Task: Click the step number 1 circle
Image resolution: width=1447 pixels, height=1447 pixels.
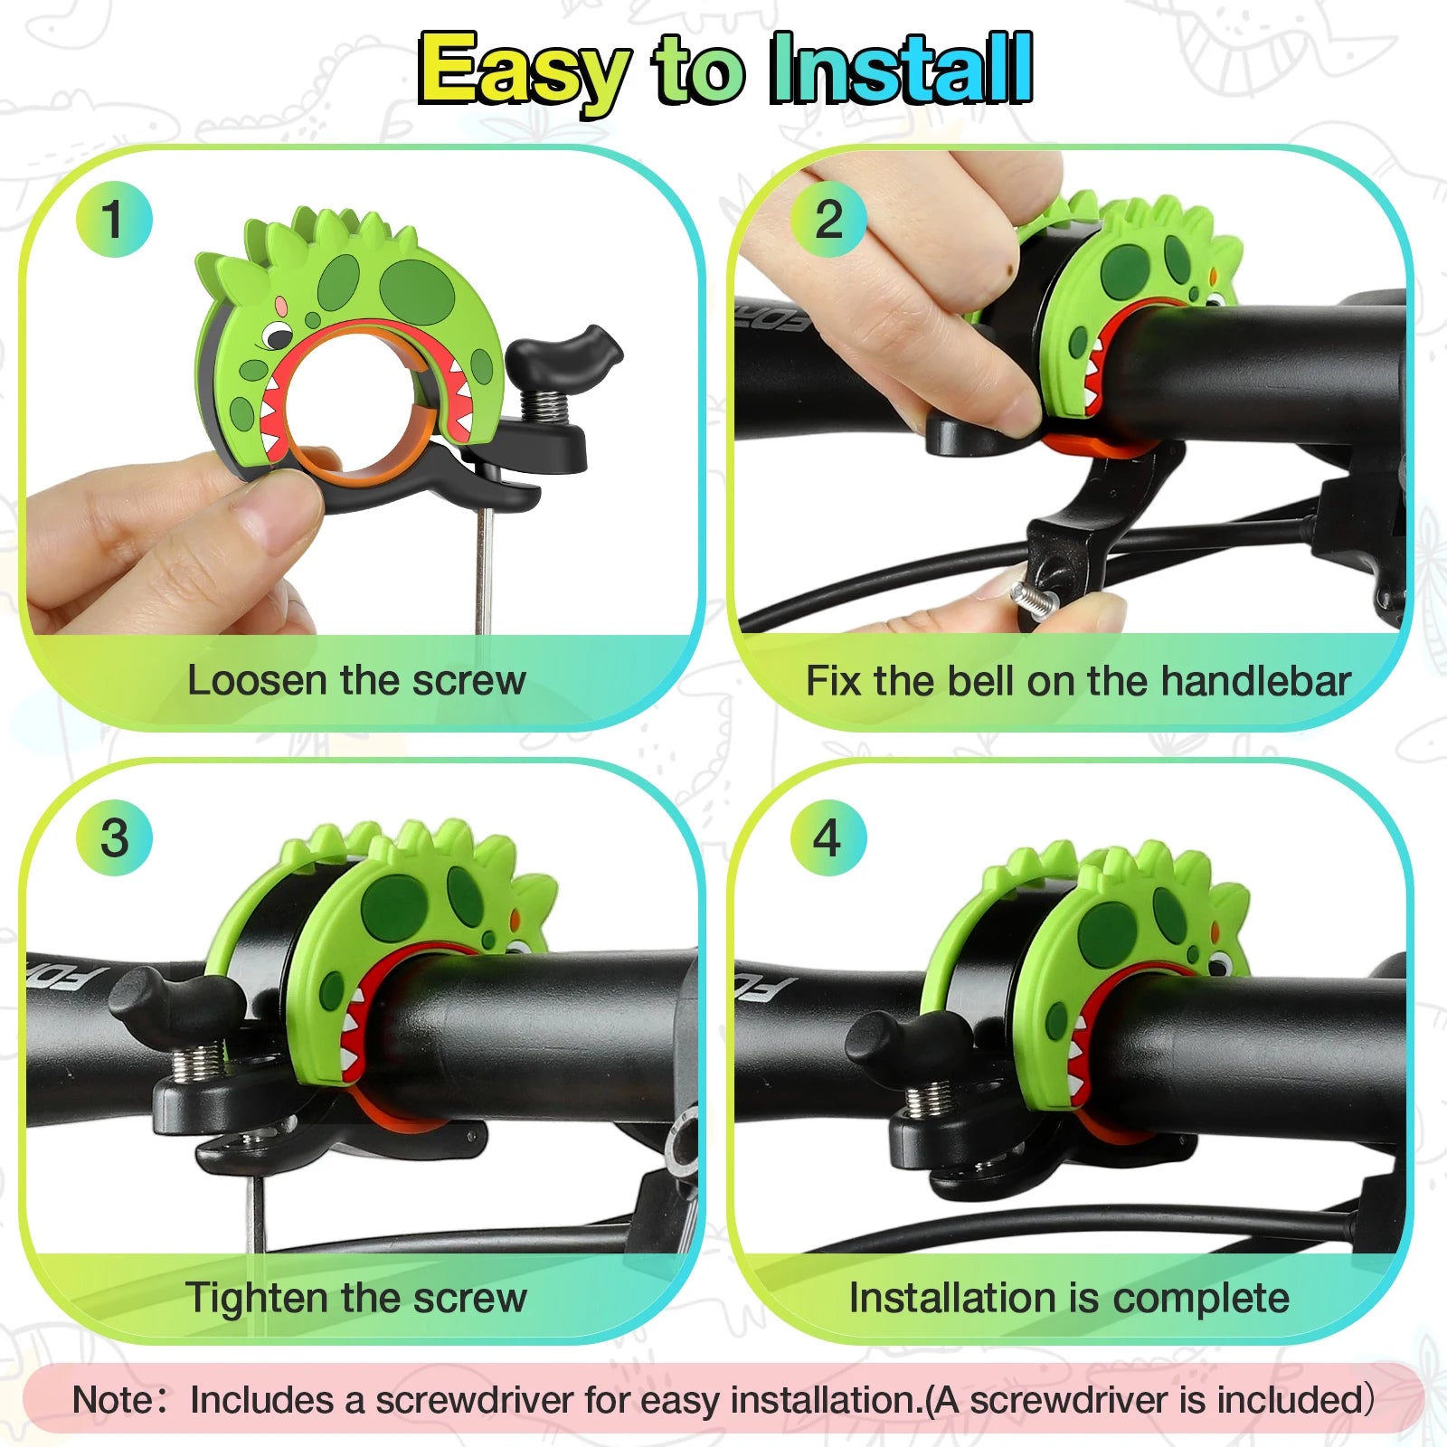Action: (114, 219)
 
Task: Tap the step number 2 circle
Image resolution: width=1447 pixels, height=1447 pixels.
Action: (828, 219)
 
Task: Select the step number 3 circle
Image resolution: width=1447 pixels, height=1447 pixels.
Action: (114, 837)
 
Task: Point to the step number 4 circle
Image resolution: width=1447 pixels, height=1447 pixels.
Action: (828, 837)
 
